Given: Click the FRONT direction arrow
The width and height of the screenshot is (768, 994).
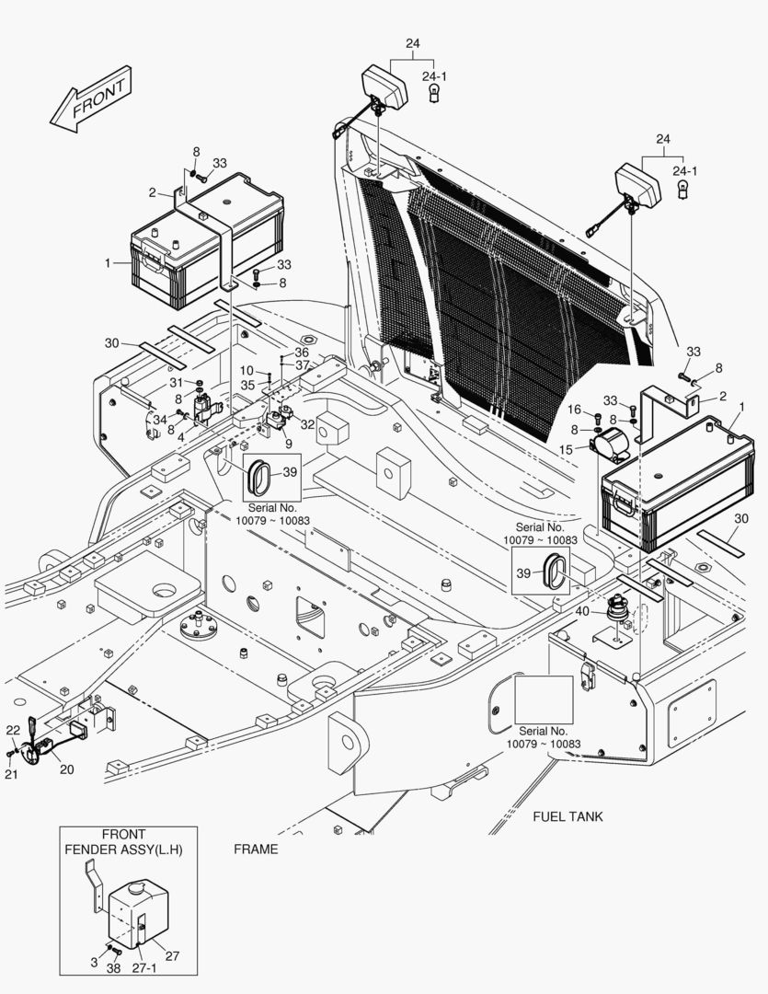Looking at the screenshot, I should pos(91,98).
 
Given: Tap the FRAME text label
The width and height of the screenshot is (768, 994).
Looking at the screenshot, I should pos(255,849).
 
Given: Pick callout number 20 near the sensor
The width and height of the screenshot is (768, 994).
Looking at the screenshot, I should pos(66,769).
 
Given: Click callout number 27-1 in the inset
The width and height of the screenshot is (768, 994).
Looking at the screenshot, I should pos(144,969).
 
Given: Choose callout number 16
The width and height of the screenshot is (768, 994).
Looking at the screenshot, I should pos(573,409).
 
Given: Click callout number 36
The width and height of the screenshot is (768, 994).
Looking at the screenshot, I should pos(302,353).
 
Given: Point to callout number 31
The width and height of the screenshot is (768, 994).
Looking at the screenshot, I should pos(175,383).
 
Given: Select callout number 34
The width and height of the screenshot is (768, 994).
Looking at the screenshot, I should pos(160,420).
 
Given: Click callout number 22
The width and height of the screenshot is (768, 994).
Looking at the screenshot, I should pos(12,730).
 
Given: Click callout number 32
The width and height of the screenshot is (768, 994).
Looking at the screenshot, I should pos(307,424).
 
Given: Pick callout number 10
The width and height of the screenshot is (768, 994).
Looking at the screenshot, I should pos(247,370).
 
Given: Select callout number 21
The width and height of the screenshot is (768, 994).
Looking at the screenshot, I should pos(12,774).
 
